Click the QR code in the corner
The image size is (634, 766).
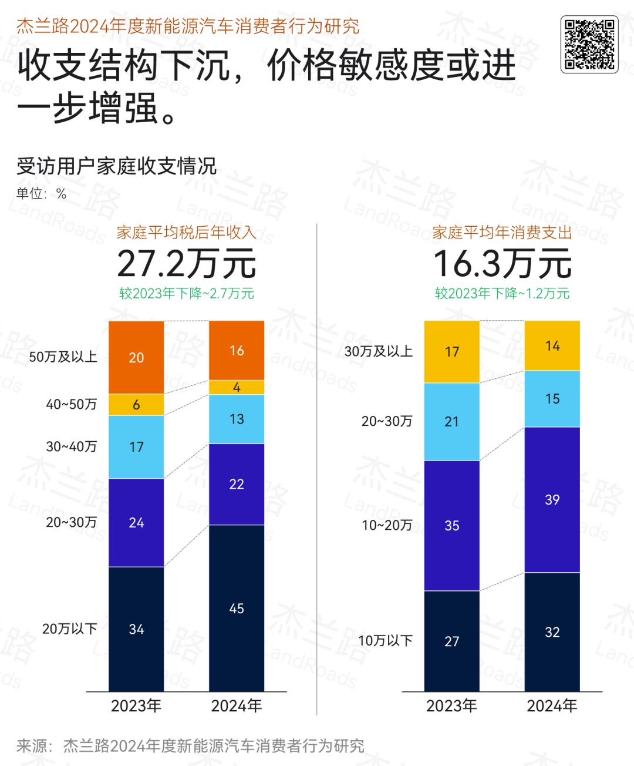point(589,45)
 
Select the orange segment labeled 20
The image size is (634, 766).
point(136,357)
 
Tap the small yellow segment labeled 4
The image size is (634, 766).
point(237,388)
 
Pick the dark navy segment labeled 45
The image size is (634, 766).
point(237,608)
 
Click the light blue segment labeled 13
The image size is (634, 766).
point(237,419)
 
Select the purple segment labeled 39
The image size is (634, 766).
point(552,499)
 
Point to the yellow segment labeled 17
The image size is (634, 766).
point(451,352)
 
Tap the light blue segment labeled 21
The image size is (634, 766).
point(451,422)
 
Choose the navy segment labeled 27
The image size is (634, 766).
point(451,641)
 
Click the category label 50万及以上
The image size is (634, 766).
point(63,357)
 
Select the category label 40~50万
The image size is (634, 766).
point(71,404)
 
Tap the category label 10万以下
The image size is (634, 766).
point(385,640)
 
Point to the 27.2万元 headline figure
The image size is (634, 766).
point(187,263)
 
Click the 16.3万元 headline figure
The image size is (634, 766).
point(503,263)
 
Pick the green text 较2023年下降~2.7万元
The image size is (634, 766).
point(187,293)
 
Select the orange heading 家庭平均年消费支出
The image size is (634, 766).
point(503,233)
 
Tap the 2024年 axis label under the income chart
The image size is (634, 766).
point(237,705)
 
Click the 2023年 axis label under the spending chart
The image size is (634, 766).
point(451,705)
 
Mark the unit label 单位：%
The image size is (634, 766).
point(41,194)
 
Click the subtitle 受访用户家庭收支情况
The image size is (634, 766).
point(117,166)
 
